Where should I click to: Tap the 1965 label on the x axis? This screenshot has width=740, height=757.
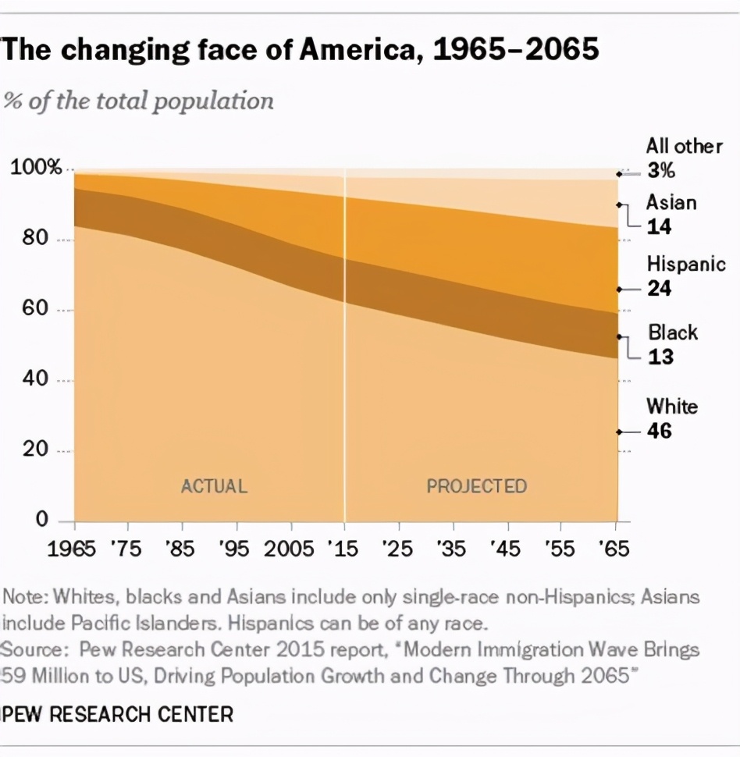[73, 548]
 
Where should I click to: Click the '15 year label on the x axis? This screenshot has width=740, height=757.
[343, 548]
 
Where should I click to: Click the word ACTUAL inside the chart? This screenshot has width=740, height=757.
[214, 486]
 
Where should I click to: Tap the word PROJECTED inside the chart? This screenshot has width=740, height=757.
[476, 486]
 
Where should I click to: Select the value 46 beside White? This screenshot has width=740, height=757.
[659, 430]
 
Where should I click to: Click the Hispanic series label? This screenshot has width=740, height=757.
[686, 264]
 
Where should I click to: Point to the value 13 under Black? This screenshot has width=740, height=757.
[660, 357]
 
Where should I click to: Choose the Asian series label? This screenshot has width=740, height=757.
[671, 202]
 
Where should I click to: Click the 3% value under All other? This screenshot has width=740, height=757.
[660, 172]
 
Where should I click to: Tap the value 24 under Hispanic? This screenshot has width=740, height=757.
[659, 289]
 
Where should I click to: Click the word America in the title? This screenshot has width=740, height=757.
[364, 49]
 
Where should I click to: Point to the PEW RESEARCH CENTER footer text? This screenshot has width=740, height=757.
[118, 713]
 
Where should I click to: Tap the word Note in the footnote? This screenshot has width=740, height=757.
[24, 597]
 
